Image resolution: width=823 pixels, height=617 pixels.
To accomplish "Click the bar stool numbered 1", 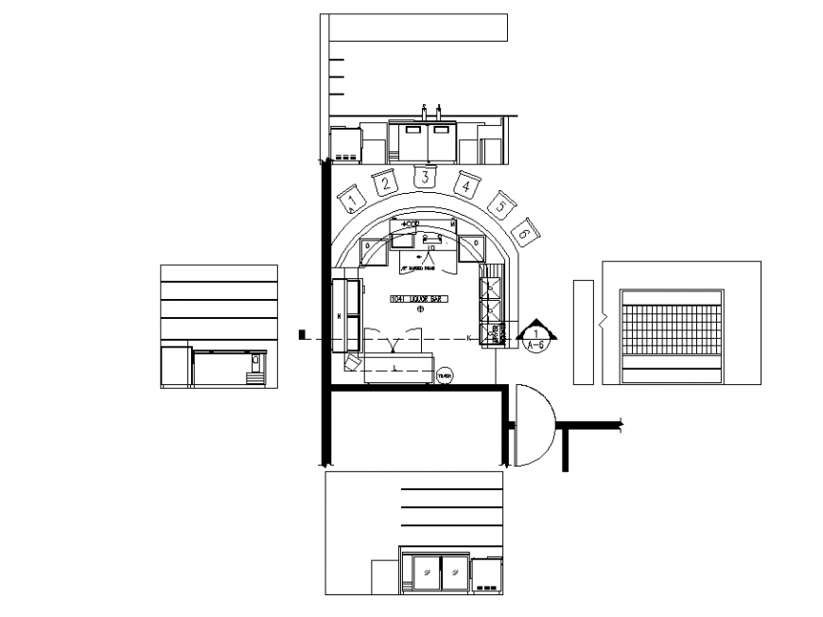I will tap(352, 199).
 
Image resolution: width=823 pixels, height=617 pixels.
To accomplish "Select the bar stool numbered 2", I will tap(385, 184).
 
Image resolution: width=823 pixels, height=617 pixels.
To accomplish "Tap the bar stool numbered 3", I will tap(426, 177).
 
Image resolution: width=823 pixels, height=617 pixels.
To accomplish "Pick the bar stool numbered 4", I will tap(466, 185).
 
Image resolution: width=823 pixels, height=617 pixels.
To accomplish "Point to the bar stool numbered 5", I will tap(500, 204).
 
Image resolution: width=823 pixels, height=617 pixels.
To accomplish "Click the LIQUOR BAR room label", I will tap(417, 299).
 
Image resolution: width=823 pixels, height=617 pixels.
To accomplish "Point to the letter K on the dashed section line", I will tap(469, 338).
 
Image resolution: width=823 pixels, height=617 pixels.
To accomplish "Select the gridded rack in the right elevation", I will tap(671, 330).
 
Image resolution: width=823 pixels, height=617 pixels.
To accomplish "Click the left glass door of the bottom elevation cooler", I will tap(429, 573).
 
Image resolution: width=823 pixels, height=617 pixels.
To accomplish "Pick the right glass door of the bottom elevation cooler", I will tap(456, 573).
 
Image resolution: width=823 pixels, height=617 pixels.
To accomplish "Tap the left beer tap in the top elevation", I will tap(425, 112).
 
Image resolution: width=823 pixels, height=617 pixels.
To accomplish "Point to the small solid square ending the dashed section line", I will tap(302, 334).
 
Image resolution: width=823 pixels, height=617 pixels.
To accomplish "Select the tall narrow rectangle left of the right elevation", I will tap(584, 330).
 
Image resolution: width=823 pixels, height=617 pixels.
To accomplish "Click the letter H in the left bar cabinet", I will tap(338, 313).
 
